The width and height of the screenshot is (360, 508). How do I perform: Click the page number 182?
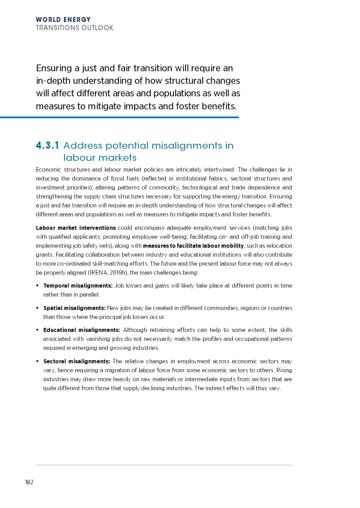29,482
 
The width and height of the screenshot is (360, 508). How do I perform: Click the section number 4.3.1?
48,146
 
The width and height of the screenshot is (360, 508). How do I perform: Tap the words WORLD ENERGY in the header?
63,20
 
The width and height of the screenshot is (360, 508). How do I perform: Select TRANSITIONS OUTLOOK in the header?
74,28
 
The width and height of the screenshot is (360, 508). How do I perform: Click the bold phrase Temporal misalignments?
78,286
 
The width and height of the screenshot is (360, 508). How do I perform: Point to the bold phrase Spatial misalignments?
74,308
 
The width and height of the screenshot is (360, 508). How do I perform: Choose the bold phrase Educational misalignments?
81,330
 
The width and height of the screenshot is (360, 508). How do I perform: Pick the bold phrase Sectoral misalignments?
76,362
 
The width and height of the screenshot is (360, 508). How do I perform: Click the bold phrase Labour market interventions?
76,228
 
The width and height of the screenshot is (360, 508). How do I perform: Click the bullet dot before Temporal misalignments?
37,286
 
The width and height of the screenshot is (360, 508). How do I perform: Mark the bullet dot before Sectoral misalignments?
37,362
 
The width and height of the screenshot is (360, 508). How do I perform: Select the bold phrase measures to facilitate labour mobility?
193,246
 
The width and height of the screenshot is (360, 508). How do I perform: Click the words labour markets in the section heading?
100,158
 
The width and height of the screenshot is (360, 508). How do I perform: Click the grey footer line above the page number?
164,465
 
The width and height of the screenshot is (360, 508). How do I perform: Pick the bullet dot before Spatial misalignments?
37,308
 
